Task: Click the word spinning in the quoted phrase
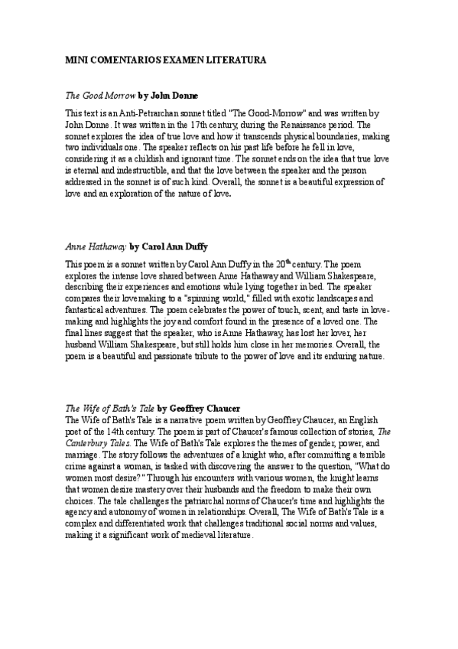[x=237, y=297]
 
